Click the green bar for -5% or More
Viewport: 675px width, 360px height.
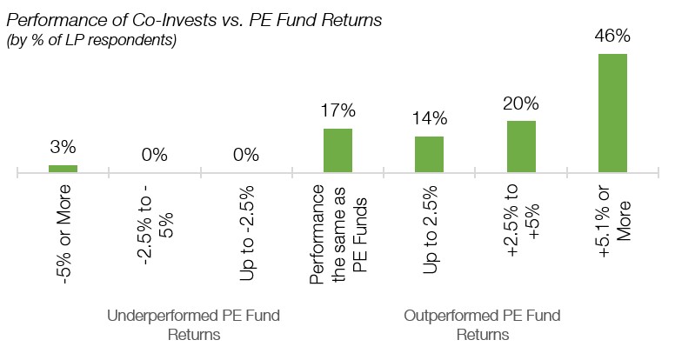(x=63, y=169)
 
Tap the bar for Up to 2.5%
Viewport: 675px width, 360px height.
(x=430, y=155)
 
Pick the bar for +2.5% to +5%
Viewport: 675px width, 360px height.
(x=521, y=146)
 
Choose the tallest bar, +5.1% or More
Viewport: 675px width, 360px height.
(x=612, y=112)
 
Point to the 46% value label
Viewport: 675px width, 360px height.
(x=612, y=37)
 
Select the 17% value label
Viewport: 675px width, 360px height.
(x=337, y=110)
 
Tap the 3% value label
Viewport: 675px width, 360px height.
(x=63, y=147)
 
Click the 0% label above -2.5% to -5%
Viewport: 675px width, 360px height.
(x=154, y=156)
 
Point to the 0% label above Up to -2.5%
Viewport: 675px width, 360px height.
(x=246, y=156)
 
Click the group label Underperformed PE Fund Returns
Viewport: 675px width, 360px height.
(x=194, y=323)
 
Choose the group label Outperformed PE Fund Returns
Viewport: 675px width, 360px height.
(x=483, y=323)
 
